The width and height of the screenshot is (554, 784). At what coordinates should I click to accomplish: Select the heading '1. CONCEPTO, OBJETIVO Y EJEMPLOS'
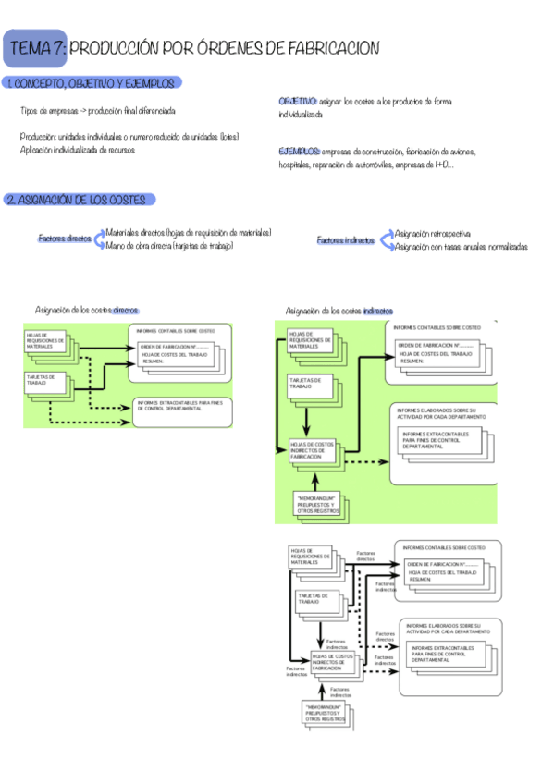click(x=90, y=84)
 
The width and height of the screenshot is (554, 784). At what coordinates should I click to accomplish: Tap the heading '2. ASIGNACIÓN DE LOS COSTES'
click(x=80, y=200)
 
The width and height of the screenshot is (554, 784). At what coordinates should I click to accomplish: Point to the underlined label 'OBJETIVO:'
click(x=298, y=101)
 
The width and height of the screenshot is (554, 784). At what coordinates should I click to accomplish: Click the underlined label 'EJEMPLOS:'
click(x=299, y=151)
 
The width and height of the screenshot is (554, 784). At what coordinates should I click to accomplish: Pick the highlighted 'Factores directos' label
click(x=65, y=239)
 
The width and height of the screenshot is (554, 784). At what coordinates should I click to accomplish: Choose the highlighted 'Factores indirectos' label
click(x=346, y=240)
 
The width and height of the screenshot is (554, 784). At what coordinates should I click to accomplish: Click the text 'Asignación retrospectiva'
click(x=432, y=234)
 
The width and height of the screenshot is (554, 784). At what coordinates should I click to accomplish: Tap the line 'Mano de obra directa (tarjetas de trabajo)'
click(x=169, y=246)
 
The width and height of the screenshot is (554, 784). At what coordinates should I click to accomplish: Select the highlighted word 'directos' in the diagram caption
click(x=126, y=311)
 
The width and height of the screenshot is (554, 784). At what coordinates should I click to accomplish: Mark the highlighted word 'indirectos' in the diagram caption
click(x=377, y=311)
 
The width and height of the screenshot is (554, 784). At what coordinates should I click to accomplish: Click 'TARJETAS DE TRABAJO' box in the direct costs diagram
click(x=48, y=382)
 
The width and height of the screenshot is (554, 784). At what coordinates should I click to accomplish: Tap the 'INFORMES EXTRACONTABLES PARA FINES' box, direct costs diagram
click(x=176, y=406)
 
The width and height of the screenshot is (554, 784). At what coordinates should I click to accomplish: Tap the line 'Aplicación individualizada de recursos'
click(x=75, y=149)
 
